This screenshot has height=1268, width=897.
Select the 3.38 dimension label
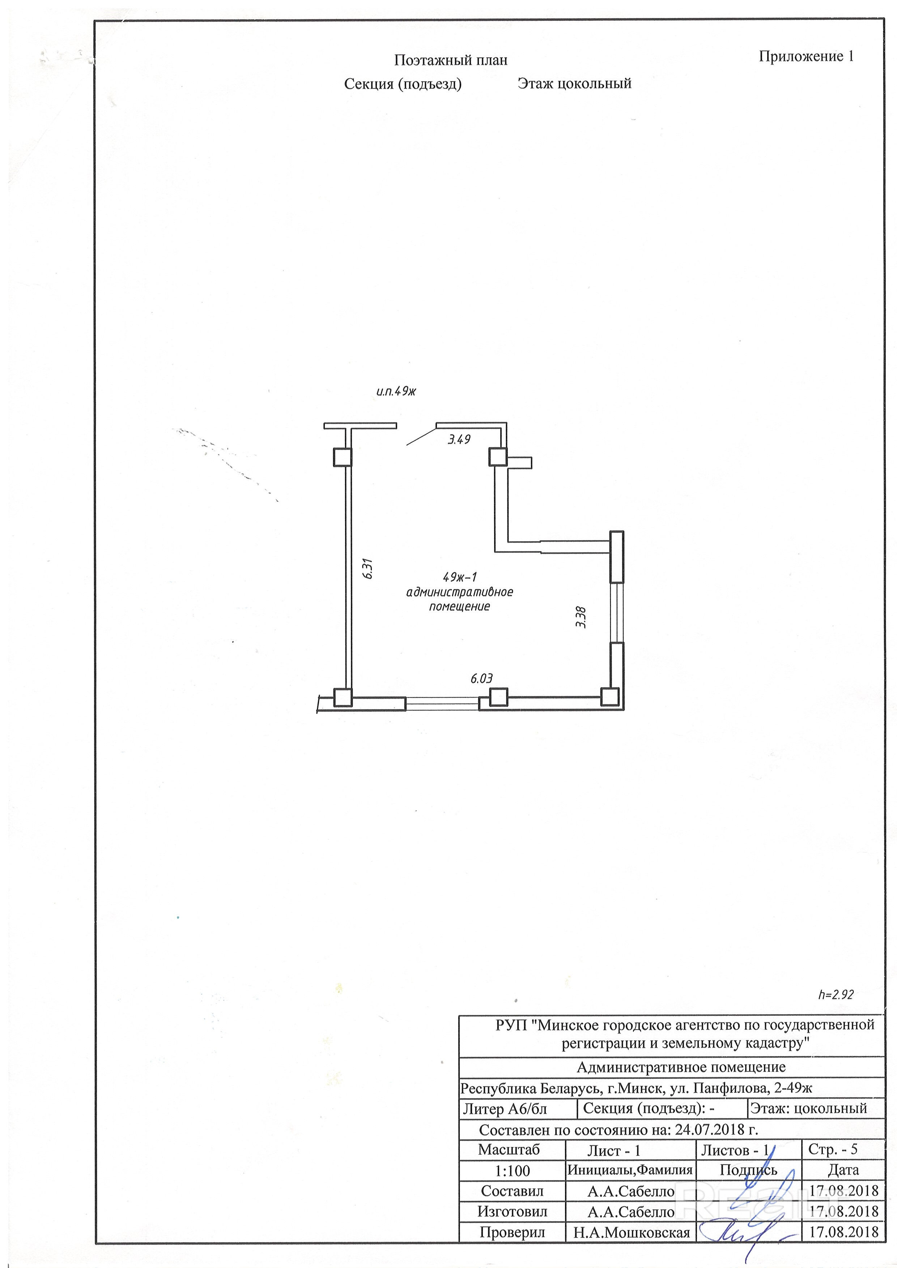(580, 617)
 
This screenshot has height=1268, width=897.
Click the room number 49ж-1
(459, 578)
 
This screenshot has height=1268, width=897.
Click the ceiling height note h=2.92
(836, 995)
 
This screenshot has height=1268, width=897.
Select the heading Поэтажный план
(450, 60)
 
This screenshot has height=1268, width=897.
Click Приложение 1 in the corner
(806, 56)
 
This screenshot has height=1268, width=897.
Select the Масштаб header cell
(509, 1150)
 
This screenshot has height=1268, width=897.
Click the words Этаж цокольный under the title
(574, 84)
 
